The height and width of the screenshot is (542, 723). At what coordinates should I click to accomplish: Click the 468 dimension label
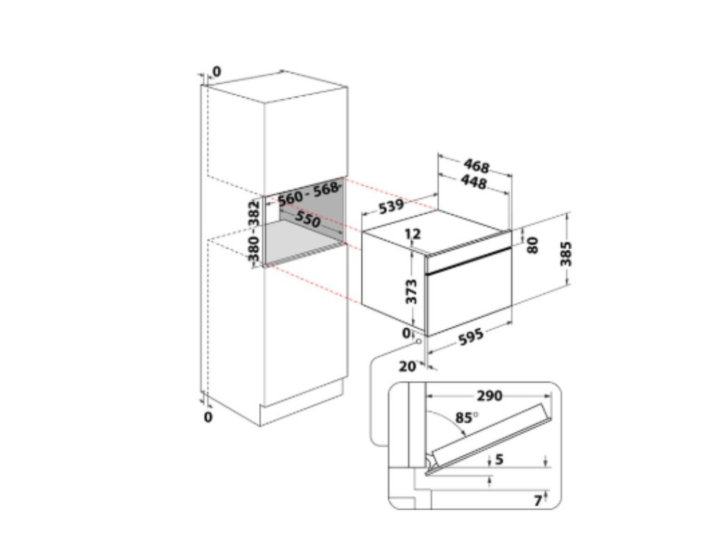click(477, 167)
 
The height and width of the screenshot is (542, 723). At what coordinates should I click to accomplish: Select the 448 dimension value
click(473, 183)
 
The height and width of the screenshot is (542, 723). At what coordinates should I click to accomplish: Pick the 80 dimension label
click(534, 244)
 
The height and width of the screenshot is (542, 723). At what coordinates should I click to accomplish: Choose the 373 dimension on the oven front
click(413, 289)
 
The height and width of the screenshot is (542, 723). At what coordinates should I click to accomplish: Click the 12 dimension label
click(412, 234)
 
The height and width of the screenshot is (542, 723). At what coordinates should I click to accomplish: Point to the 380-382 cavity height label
click(255, 230)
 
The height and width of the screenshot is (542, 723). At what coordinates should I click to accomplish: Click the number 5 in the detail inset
click(499, 459)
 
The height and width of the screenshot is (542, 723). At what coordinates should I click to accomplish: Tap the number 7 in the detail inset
click(538, 500)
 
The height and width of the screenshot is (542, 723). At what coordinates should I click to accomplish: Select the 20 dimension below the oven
click(407, 366)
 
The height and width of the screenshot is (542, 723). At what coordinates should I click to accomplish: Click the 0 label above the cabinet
click(216, 71)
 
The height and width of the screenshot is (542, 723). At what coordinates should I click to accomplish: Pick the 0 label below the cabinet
click(208, 417)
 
